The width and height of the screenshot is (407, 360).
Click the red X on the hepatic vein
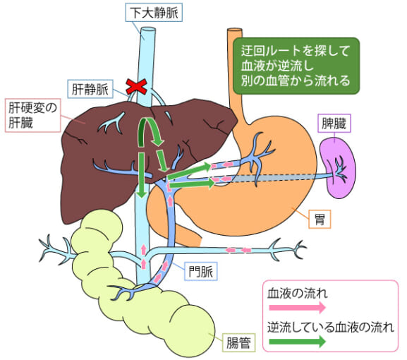point(136,88)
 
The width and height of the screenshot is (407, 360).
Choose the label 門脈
point(201,270)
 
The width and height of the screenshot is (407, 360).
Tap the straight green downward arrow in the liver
point(142,173)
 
